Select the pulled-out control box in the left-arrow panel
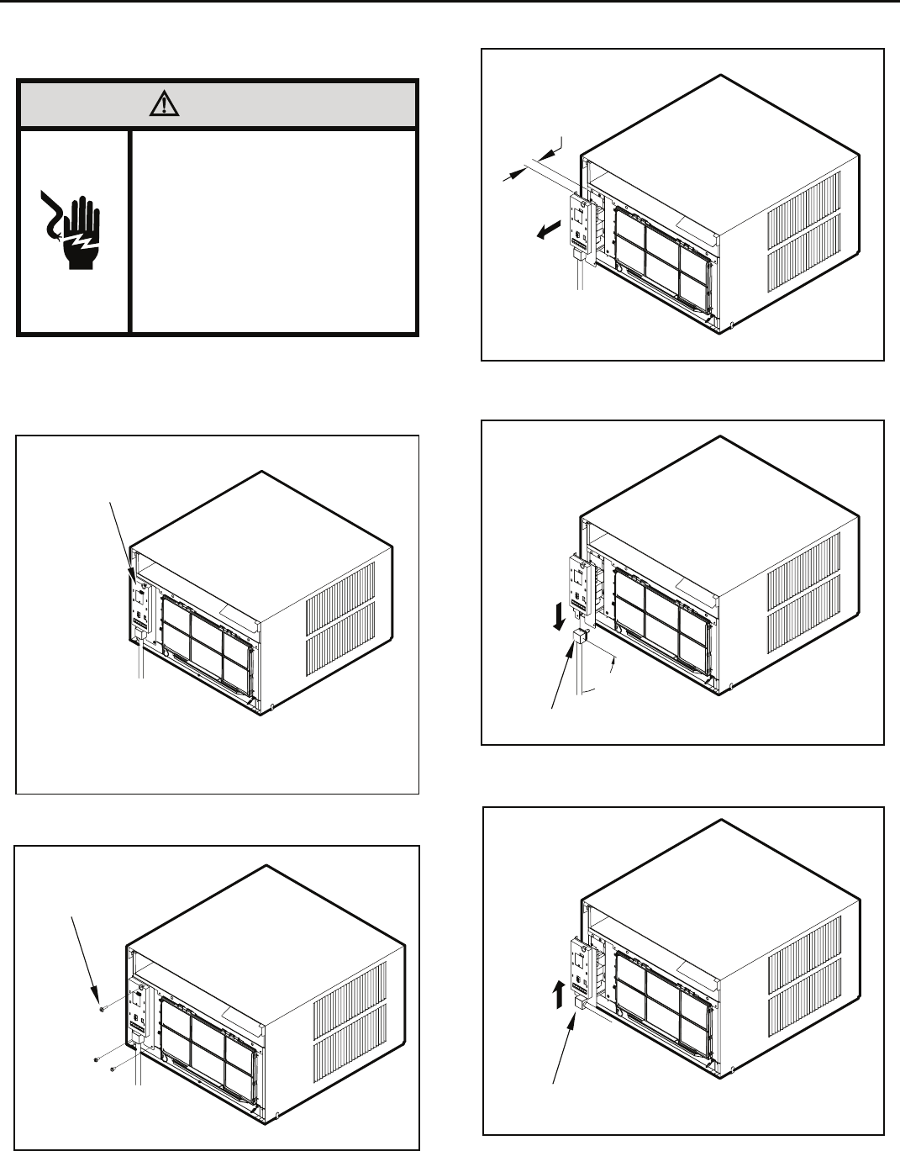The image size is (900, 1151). [581, 225]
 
